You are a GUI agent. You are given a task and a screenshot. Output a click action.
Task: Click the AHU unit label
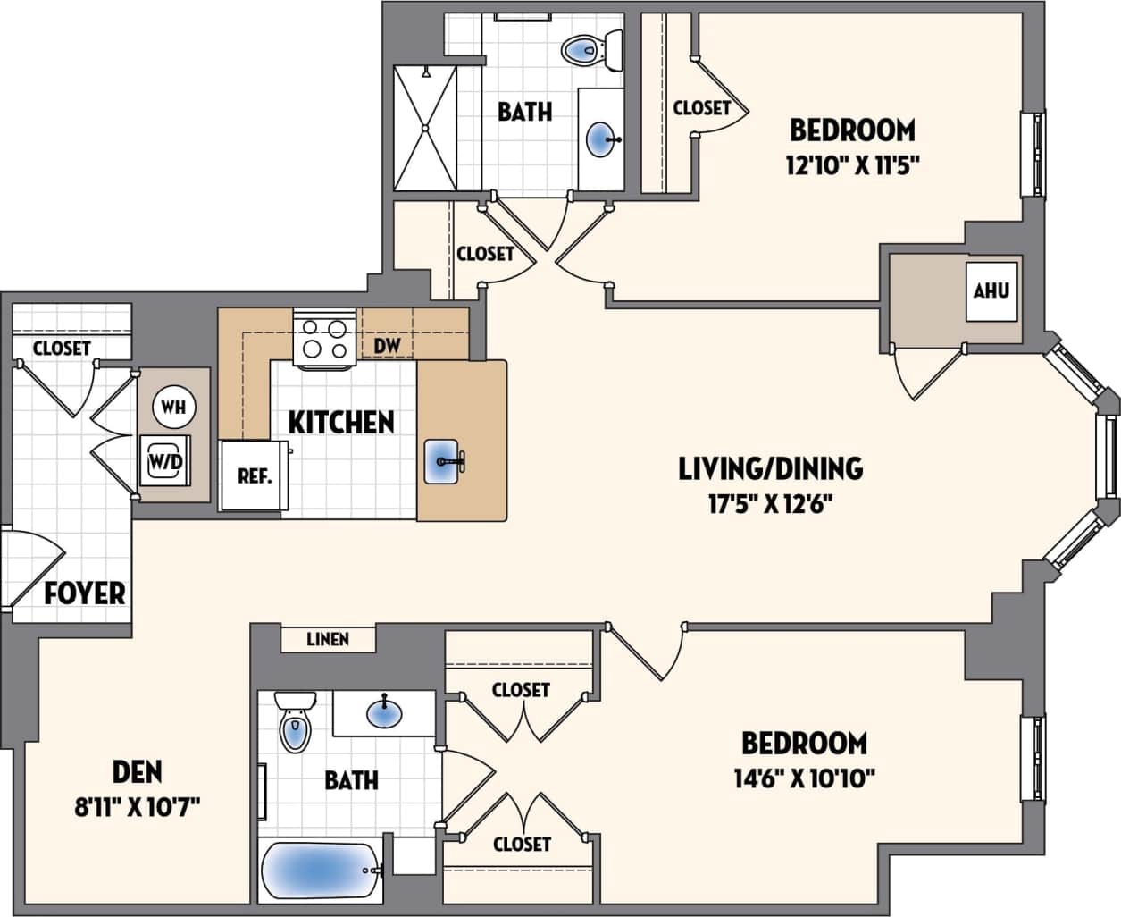pyautogui.click(x=991, y=290)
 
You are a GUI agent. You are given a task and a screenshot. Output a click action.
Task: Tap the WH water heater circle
pyautogui.click(x=173, y=407)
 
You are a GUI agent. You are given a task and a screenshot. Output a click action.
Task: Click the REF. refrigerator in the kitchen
pyautogui.click(x=254, y=476)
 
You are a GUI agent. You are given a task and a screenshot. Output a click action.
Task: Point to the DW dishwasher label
pyautogui.click(x=387, y=345)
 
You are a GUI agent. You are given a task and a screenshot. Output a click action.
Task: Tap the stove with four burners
pyautogui.click(x=323, y=340)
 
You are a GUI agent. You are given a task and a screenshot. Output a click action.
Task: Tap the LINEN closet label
pyautogui.click(x=328, y=639)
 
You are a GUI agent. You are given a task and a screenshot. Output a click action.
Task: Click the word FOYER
pyautogui.click(x=85, y=593)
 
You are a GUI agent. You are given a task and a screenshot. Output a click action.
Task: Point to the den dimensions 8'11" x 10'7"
pyautogui.click(x=138, y=808)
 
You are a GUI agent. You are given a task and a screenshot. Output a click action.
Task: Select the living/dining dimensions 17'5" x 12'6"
pyautogui.click(x=770, y=504)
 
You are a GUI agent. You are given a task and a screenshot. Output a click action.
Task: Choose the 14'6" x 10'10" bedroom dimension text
pyautogui.click(x=804, y=778)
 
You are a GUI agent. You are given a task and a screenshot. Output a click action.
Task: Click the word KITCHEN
pyautogui.click(x=341, y=422)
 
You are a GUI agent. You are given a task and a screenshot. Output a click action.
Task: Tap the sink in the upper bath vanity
pyautogui.click(x=601, y=139)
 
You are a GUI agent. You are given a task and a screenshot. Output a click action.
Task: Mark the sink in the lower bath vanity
pyautogui.click(x=384, y=712)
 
